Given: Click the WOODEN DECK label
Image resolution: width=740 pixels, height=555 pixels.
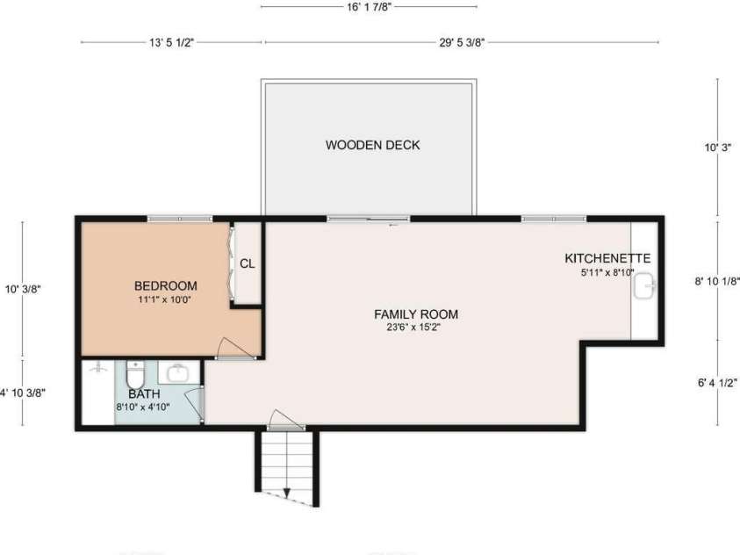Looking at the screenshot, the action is [x=372, y=145].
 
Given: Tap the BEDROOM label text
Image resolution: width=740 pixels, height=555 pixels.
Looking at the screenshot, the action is [x=166, y=285].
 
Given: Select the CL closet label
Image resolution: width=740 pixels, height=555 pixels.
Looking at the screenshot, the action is [x=248, y=263].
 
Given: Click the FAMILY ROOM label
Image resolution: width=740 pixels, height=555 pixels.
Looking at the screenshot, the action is [x=416, y=314].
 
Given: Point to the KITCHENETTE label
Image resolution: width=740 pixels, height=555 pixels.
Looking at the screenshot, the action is [x=607, y=258].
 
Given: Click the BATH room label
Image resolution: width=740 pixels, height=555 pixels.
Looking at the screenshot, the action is [x=145, y=393].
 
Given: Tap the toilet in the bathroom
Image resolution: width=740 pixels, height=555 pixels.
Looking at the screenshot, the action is [x=136, y=374].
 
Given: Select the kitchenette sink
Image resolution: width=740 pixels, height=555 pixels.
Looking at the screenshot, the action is [x=644, y=285].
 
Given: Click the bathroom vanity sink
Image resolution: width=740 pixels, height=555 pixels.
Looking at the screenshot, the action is [x=179, y=373].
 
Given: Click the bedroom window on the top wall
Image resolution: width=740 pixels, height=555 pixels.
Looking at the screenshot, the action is [x=179, y=219].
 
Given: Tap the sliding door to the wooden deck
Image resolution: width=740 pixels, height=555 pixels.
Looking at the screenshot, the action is [x=369, y=219].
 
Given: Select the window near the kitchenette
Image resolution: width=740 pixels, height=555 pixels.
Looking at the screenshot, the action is [x=554, y=219].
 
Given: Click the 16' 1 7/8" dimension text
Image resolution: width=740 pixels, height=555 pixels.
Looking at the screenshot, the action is [x=369, y=7].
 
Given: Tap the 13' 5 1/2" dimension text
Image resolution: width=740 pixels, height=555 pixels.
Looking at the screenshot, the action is [x=172, y=42].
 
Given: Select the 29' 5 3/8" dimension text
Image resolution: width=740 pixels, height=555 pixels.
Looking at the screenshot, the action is [x=462, y=42].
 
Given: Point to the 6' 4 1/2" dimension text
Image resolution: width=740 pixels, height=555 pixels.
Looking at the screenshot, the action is [x=717, y=383].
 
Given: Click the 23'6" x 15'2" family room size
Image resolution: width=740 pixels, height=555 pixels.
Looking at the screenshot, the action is [x=413, y=327].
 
